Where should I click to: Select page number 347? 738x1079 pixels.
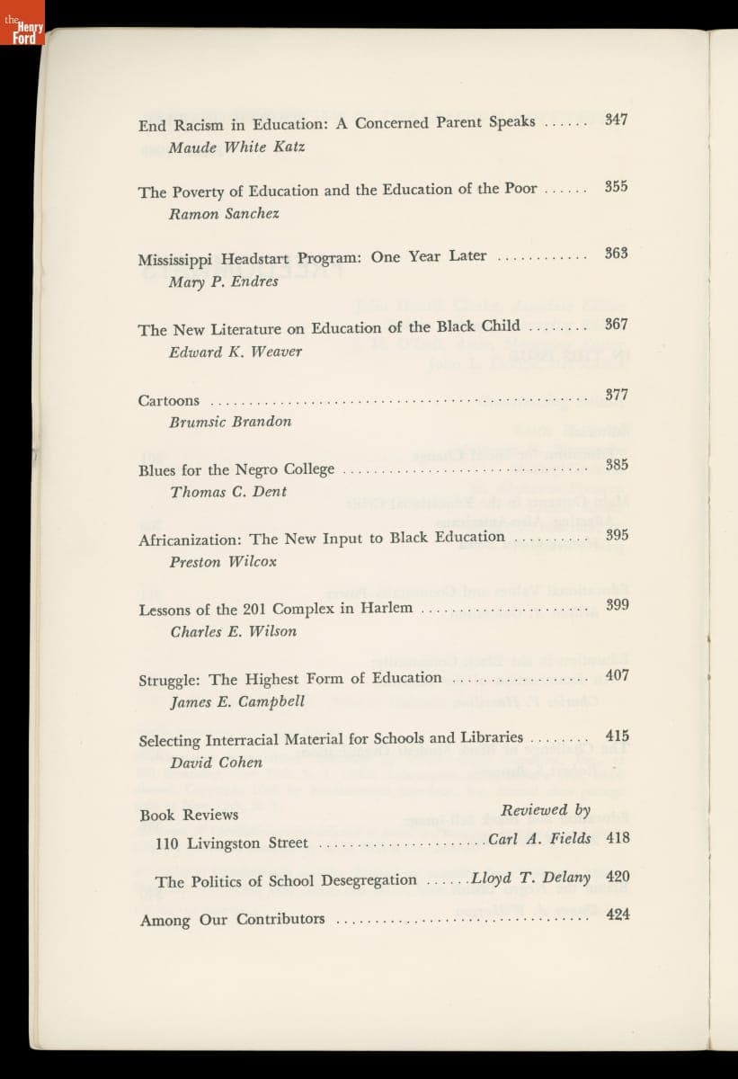click(x=616, y=120)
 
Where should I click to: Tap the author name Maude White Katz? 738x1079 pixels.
click(x=236, y=147)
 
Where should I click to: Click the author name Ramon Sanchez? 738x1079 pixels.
click(x=224, y=214)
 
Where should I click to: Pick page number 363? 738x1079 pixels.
click(x=616, y=254)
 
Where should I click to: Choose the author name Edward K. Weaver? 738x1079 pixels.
click(x=235, y=352)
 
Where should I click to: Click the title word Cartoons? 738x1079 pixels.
click(x=169, y=401)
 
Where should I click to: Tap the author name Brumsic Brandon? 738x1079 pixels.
click(x=230, y=422)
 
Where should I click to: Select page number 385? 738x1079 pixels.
click(x=616, y=465)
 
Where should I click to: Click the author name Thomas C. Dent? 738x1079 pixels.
click(x=228, y=492)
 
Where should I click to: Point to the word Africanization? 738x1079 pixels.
click(x=191, y=540)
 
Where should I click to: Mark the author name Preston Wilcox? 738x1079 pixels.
click(x=223, y=562)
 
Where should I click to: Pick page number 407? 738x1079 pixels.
click(x=617, y=674)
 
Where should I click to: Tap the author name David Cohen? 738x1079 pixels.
click(x=216, y=762)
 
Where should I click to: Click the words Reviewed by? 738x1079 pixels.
click(x=546, y=810)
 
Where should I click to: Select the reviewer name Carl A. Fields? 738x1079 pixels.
click(x=539, y=839)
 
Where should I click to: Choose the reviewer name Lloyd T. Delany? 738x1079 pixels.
click(x=531, y=878)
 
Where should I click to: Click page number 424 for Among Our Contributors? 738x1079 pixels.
click(x=618, y=914)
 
